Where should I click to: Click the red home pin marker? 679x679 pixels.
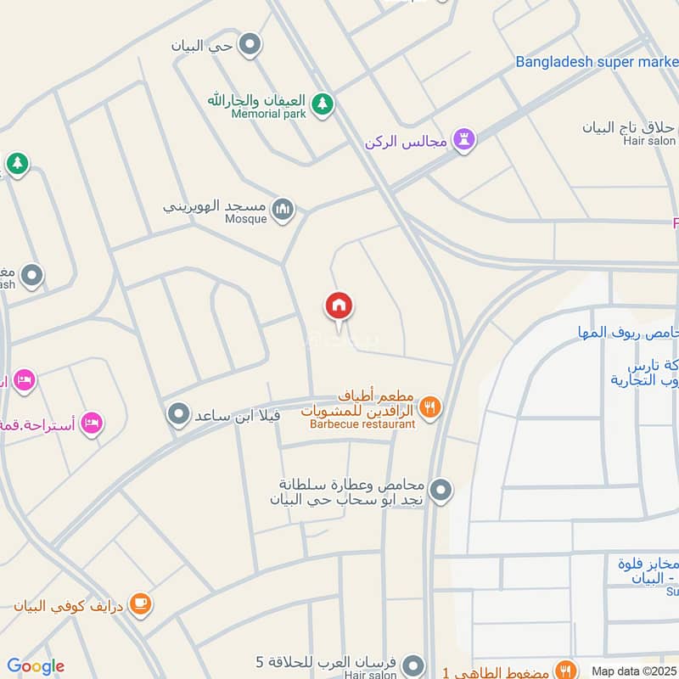coord(339,306)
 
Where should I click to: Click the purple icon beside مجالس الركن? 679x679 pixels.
coord(463,139)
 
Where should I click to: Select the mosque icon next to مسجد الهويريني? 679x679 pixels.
coord(283,208)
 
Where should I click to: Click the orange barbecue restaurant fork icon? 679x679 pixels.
coord(430,408)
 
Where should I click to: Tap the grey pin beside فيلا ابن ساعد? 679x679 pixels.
coord(178,415)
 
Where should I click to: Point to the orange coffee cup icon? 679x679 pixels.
coord(141,604)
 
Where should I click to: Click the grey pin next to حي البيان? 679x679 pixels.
coord(250,45)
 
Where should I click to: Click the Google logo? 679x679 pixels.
coord(36,666)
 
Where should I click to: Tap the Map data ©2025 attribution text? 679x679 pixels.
coord(635,671)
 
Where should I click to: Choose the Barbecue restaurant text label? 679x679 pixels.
coord(362,424)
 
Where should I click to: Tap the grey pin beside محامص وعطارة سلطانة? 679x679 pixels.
coord(441,490)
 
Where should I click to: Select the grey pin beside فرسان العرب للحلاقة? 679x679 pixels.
coord(413,663)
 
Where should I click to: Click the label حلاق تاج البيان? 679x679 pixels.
coord(629,127)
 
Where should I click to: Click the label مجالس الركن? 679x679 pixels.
coord(406,140)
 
